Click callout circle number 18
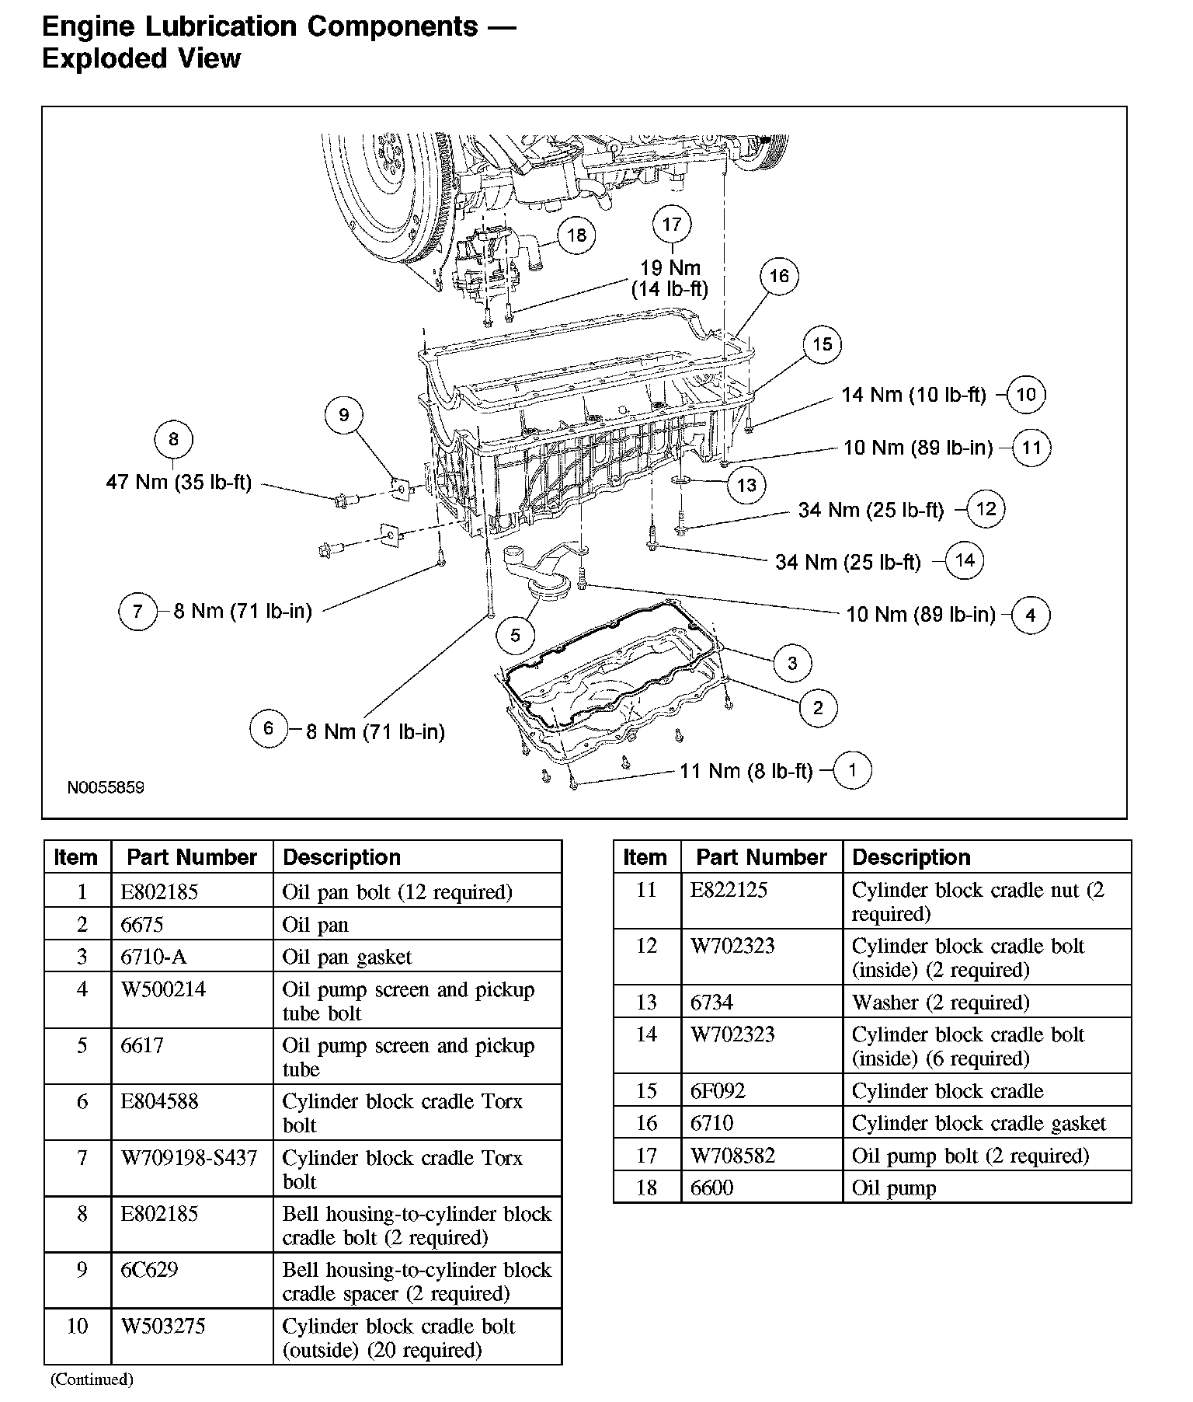[x=576, y=235]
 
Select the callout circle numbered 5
[x=515, y=636]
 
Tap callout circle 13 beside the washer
[x=746, y=486]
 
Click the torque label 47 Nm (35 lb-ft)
[x=179, y=482]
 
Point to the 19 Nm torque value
[x=670, y=268]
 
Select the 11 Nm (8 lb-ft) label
[x=746, y=771]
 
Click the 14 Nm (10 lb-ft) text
[x=913, y=395]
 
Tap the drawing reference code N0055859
[x=106, y=787]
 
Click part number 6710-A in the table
[x=154, y=957]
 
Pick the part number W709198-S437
[x=189, y=1158]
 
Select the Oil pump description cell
[x=894, y=1188]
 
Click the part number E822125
[x=729, y=890]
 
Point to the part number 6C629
[x=149, y=1270]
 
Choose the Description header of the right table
[x=911, y=857]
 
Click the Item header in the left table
[x=76, y=857]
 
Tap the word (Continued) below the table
[x=92, y=1379]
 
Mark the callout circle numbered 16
[x=779, y=276]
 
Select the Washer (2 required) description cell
[x=941, y=1003]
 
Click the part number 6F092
[x=718, y=1091]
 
